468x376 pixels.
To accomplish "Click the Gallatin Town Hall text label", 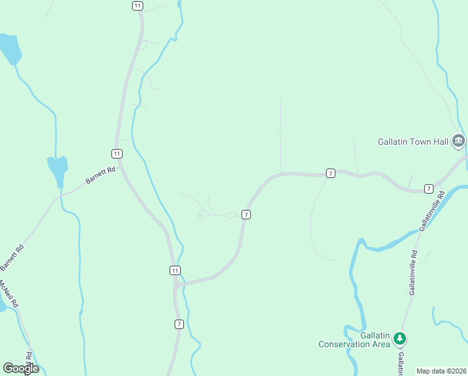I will (414, 142).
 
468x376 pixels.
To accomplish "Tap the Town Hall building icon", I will (459, 142).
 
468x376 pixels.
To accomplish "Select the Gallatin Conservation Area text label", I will (354, 340).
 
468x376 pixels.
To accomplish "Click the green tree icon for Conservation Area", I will (400, 340).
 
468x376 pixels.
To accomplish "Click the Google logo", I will (21, 368).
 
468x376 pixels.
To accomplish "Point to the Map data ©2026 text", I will (441, 371).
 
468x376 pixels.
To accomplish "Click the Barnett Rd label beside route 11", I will (101, 175).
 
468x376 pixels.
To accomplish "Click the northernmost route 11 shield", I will (138, 6).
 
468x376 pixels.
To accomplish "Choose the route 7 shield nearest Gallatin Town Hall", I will (429, 189).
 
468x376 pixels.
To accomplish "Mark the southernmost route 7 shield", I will (179, 324).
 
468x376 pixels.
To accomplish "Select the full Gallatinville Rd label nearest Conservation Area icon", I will (413, 273).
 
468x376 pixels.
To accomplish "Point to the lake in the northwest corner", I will (11, 48).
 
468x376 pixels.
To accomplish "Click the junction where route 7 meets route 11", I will (178, 285).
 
